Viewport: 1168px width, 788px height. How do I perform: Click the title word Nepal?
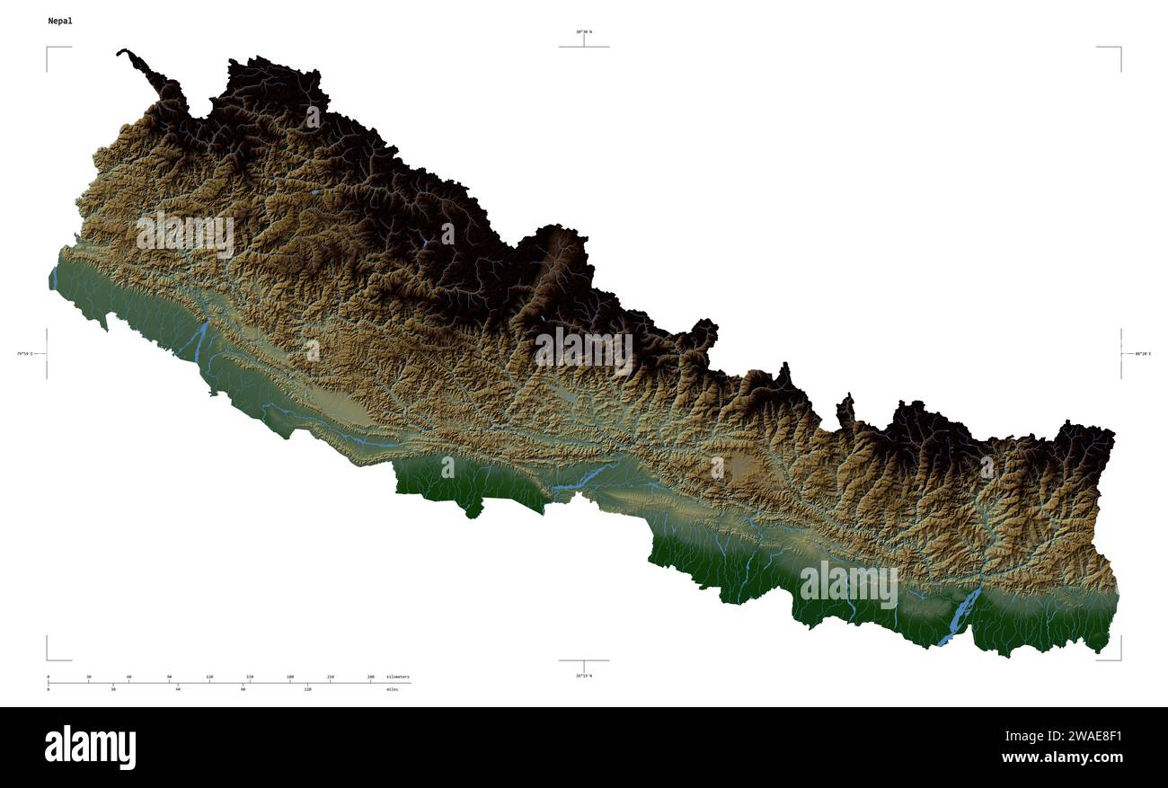pos(60,21)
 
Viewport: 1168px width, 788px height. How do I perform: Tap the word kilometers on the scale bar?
pos(397,677)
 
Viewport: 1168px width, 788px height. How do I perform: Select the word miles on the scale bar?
pos(392,689)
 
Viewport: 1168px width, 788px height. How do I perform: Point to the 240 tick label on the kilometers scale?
pos(370,677)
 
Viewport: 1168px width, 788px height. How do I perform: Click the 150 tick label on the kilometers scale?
pos(250,677)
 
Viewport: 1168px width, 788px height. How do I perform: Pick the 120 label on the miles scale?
pos(307,689)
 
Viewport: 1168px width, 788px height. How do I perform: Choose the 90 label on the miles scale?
pos(243,689)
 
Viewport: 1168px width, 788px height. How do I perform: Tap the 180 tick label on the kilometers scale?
pos(290,677)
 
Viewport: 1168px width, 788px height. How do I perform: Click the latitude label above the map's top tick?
pos(584,31)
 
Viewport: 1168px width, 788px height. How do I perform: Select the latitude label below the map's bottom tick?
pos(584,675)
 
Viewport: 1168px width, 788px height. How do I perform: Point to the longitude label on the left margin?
pos(24,353)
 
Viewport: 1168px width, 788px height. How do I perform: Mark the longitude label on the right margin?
pos(1143,353)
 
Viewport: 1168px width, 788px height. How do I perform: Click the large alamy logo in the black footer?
pos(90,748)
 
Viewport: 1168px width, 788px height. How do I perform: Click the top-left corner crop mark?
pos(48,48)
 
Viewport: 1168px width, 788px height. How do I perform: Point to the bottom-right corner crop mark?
pos(1119,659)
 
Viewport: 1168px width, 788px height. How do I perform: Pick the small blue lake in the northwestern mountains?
pos(314,191)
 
